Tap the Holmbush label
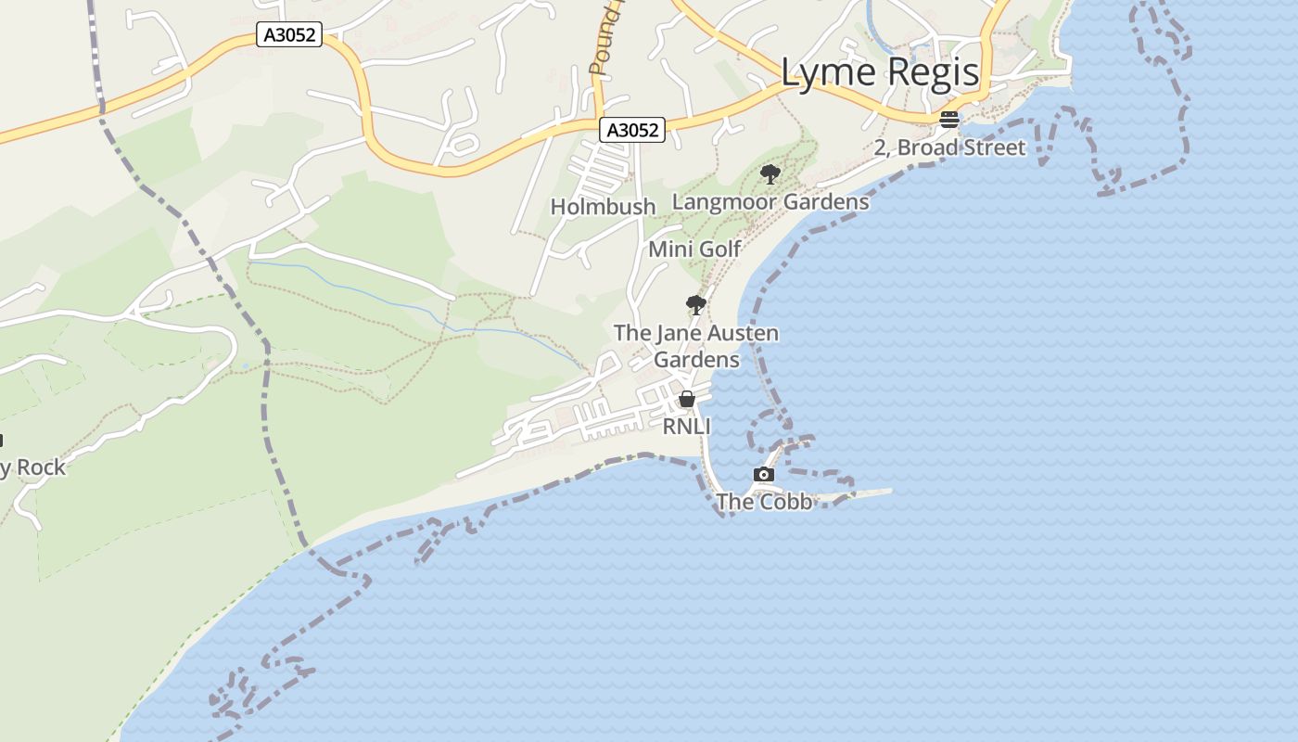(x=603, y=207)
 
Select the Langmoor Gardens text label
(x=770, y=201)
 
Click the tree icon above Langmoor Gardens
(x=770, y=173)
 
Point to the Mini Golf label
(x=694, y=249)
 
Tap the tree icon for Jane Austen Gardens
(x=695, y=304)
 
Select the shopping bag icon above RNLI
(x=687, y=399)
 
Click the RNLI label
(x=686, y=427)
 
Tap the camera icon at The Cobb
(x=763, y=475)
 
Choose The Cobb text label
(x=764, y=502)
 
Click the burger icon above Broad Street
(x=948, y=119)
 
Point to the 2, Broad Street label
(x=949, y=147)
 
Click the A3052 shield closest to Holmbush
(x=633, y=131)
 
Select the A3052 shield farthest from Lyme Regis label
(x=289, y=35)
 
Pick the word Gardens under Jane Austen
(x=696, y=359)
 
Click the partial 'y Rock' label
(x=33, y=467)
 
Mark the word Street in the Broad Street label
(x=993, y=147)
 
